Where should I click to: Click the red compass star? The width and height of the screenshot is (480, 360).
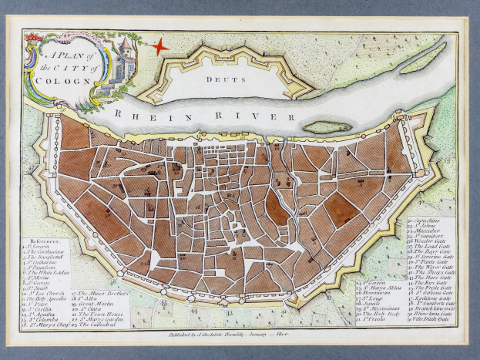pyautogui.click(x=159, y=46)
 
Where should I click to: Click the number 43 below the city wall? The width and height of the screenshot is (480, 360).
pyautogui.click(x=230, y=315)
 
